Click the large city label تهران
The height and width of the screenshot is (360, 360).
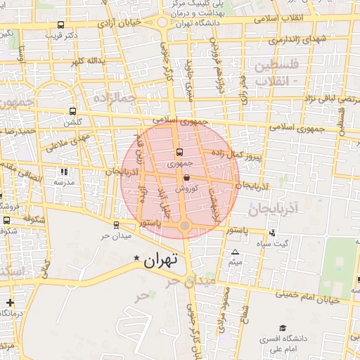pos(162,259)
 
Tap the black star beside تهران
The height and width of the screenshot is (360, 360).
pos(137,259)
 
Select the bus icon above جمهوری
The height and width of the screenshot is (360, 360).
pos(179,152)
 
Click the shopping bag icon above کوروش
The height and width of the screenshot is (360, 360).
pos(186,179)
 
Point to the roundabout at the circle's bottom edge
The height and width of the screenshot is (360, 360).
pos(184,225)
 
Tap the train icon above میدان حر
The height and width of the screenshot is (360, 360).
pos(116,225)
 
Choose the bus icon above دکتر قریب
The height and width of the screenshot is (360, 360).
pos(61,25)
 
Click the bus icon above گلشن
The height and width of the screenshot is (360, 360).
pos(73,112)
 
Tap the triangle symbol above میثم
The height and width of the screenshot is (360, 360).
pos(235,252)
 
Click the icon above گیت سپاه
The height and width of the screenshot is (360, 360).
pos(272,233)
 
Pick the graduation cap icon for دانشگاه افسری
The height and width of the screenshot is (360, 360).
pos(282,328)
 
